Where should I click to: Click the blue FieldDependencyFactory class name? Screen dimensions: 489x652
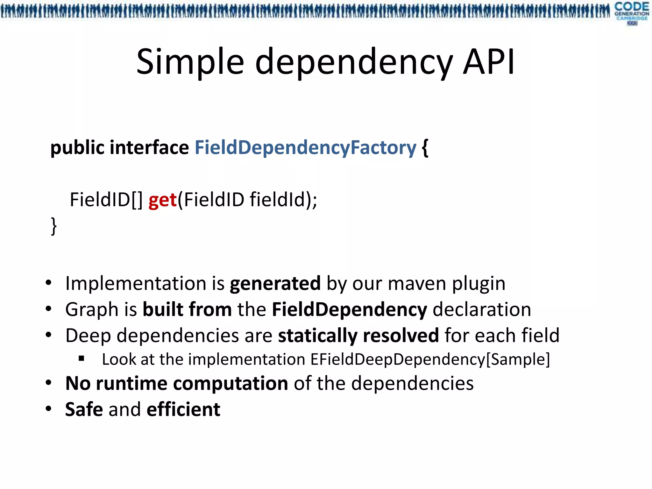pos(305,148)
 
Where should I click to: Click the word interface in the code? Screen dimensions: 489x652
pos(149,148)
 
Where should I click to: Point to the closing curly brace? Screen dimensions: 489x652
pos(54,226)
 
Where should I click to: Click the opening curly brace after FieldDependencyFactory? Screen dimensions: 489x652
pos(425,148)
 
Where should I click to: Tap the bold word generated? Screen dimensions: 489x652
pos(275,283)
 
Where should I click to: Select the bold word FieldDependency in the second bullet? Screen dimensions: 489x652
pos(349,309)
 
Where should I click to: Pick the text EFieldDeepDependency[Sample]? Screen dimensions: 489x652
pos(430,359)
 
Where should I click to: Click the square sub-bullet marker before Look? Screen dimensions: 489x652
pos(81,359)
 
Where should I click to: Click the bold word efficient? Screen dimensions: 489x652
pos(183,409)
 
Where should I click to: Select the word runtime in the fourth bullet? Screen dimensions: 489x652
pos(131,383)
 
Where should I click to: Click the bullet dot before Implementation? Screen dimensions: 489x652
pos(48,283)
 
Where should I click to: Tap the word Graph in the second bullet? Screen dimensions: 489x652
pos(92,310)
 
